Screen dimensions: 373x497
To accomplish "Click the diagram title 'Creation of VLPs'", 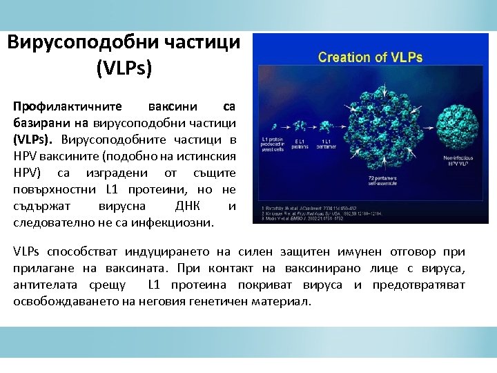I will tap(370, 57).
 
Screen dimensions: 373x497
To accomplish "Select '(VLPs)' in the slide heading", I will tap(124, 69).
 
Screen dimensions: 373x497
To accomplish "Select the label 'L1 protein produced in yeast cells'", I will tap(273, 143).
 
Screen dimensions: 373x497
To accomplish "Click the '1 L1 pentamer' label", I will tap(324, 144).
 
